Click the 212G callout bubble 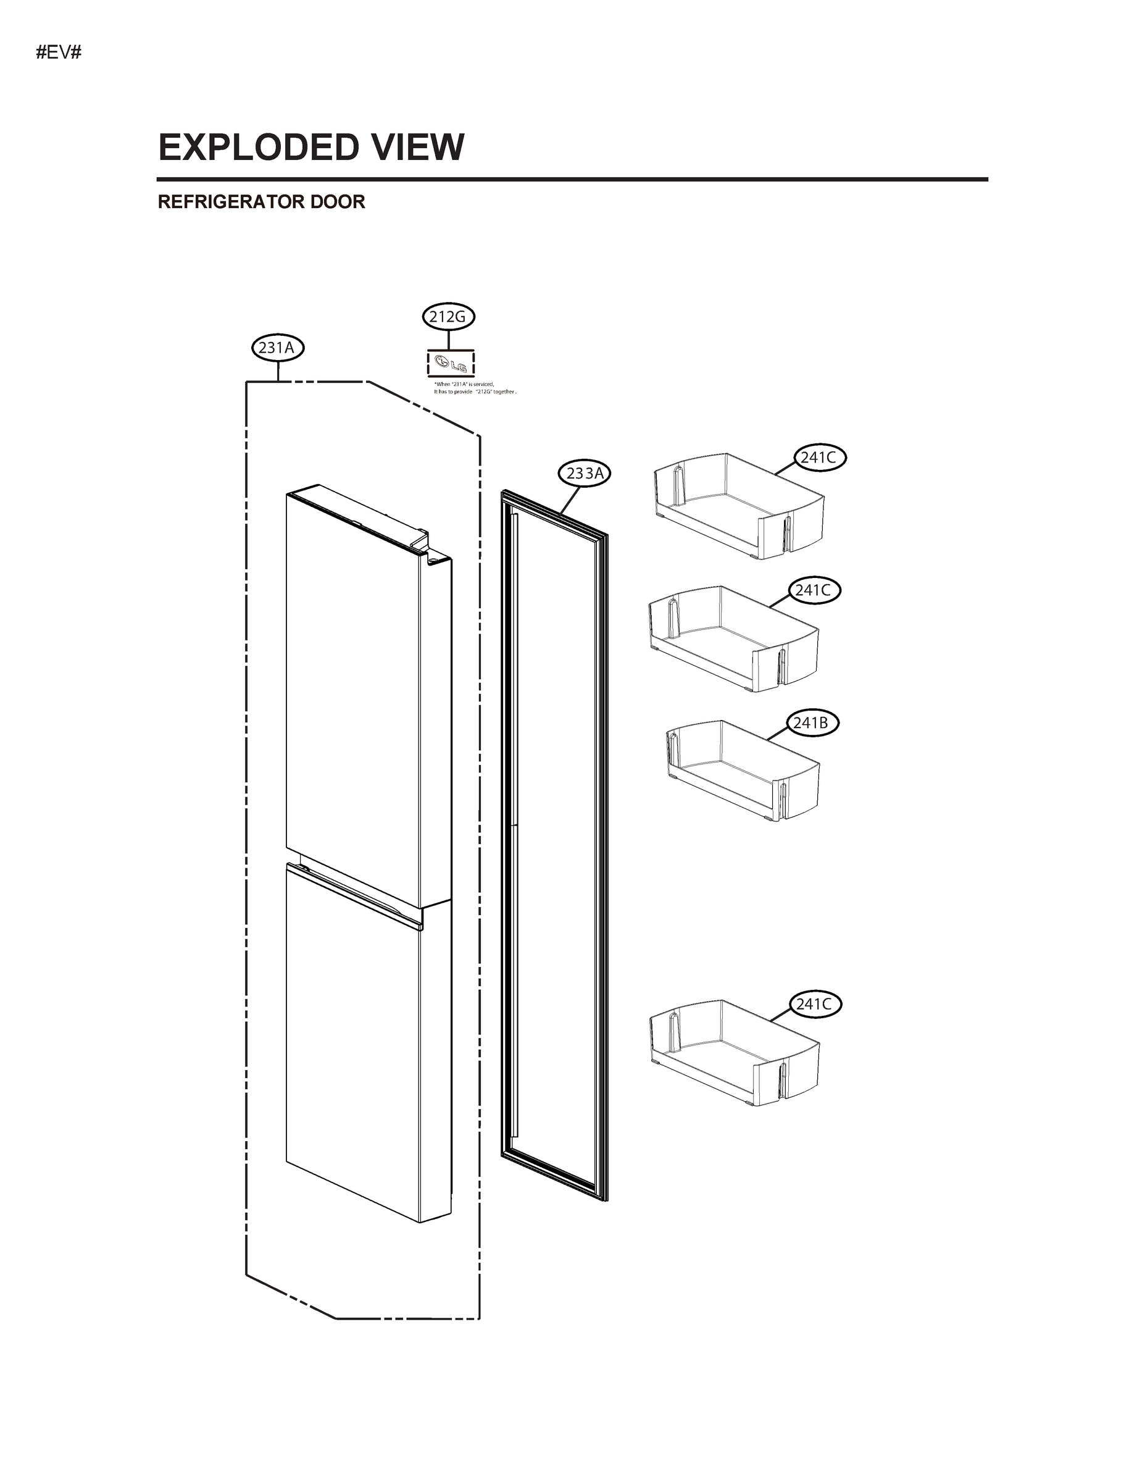pyautogui.click(x=448, y=317)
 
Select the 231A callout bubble pyautogui.click(x=277, y=348)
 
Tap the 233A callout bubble pyautogui.click(x=584, y=474)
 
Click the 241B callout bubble pyautogui.click(x=811, y=723)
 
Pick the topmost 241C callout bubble pyautogui.click(x=818, y=458)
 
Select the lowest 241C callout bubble pyautogui.click(x=814, y=1004)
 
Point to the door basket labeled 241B pyautogui.click(x=743, y=770)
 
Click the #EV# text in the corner pyautogui.click(x=59, y=52)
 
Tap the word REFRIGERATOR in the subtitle pyautogui.click(x=231, y=202)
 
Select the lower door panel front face pyautogui.click(x=352, y=1058)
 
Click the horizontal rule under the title pyautogui.click(x=572, y=180)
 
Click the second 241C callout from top pyautogui.click(x=814, y=590)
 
